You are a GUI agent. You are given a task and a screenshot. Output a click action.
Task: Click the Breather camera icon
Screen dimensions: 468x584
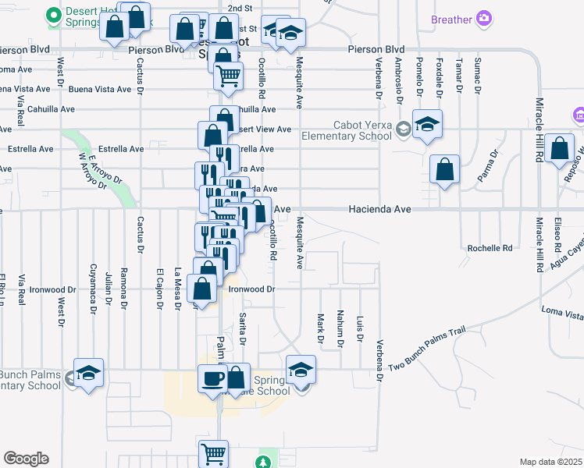click(484, 18)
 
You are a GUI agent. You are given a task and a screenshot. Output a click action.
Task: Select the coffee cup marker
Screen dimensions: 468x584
click(213, 379)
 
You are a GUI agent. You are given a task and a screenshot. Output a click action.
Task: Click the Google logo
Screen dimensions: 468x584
click(26, 459)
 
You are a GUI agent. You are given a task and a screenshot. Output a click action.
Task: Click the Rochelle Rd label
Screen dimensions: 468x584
click(490, 248)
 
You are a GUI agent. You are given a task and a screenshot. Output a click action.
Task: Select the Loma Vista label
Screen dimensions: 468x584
click(562, 314)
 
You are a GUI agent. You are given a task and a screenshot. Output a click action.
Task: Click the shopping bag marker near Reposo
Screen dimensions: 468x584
click(560, 148)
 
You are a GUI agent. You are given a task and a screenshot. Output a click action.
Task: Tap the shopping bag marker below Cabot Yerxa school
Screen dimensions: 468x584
click(444, 169)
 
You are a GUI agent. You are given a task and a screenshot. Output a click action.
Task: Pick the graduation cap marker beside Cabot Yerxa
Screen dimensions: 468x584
click(427, 124)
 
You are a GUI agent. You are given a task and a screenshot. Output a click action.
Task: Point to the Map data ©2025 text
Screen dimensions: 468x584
click(551, 462)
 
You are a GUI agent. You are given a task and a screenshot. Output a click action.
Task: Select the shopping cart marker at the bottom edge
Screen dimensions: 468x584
click(213, 453)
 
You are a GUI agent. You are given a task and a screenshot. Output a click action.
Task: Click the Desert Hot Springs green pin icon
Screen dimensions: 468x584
click(53, 14)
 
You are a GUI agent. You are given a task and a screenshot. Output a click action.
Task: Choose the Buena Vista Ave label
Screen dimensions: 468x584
click(100, 90)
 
